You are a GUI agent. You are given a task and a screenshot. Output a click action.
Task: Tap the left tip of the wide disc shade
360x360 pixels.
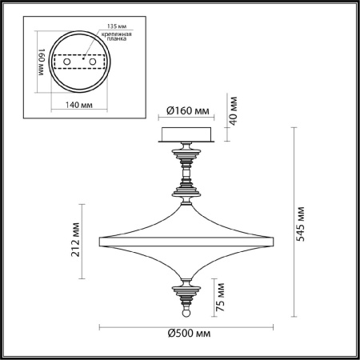[99, 238]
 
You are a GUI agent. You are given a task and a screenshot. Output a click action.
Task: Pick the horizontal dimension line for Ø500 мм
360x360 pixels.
[185, 326]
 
